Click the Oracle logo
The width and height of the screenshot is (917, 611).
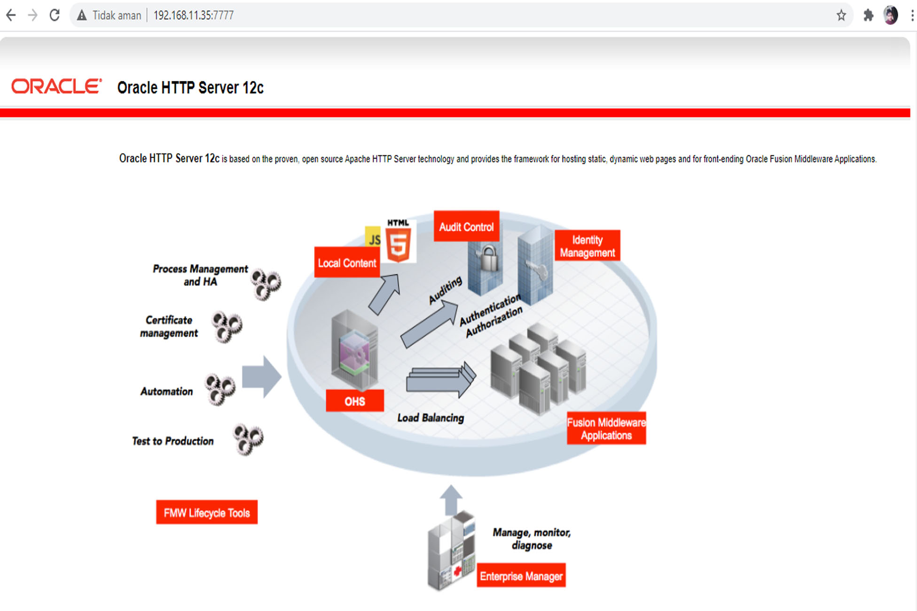(x=56, y=87)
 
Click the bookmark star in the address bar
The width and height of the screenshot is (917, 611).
(x=841, y=16)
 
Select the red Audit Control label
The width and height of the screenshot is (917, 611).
(x=466, y=227)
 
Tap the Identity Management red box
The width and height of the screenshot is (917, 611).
(x=587, y=246)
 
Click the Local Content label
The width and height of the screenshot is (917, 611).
(x=347, y=263)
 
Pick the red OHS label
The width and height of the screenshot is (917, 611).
(x=354, y=401)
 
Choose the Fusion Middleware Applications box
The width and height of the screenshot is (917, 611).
(x=606, y=428)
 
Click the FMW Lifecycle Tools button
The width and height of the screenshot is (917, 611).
(x=207, y=512)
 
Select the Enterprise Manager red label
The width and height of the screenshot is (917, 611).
(x=521, y=576)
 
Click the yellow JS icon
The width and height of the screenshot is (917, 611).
(x=373, y=238)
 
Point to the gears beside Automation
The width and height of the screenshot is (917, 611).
(x=219, y=389)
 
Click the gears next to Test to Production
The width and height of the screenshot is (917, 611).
(x=248, y=439)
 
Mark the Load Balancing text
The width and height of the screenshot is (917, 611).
(x=431, y=418)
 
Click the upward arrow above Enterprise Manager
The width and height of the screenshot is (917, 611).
(x=451, y=500)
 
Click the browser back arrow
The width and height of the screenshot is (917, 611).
(x=11, y=16)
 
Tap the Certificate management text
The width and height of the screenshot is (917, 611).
(x=169, y=326)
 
